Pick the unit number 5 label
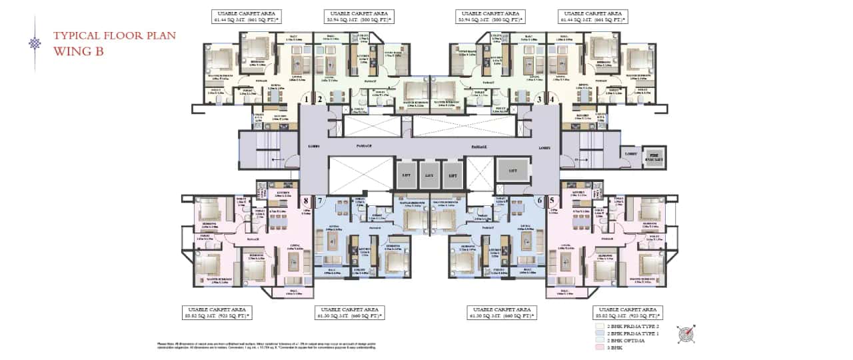tap(552, 199)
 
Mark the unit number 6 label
tap(538, 199)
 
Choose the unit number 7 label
tap(320, 199)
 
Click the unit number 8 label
tap(307, 199)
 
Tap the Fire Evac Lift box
tap(656, 157)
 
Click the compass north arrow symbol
tap(686, 334)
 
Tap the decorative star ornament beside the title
tap(35, 43)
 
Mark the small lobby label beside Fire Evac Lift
tap(630, 153)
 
